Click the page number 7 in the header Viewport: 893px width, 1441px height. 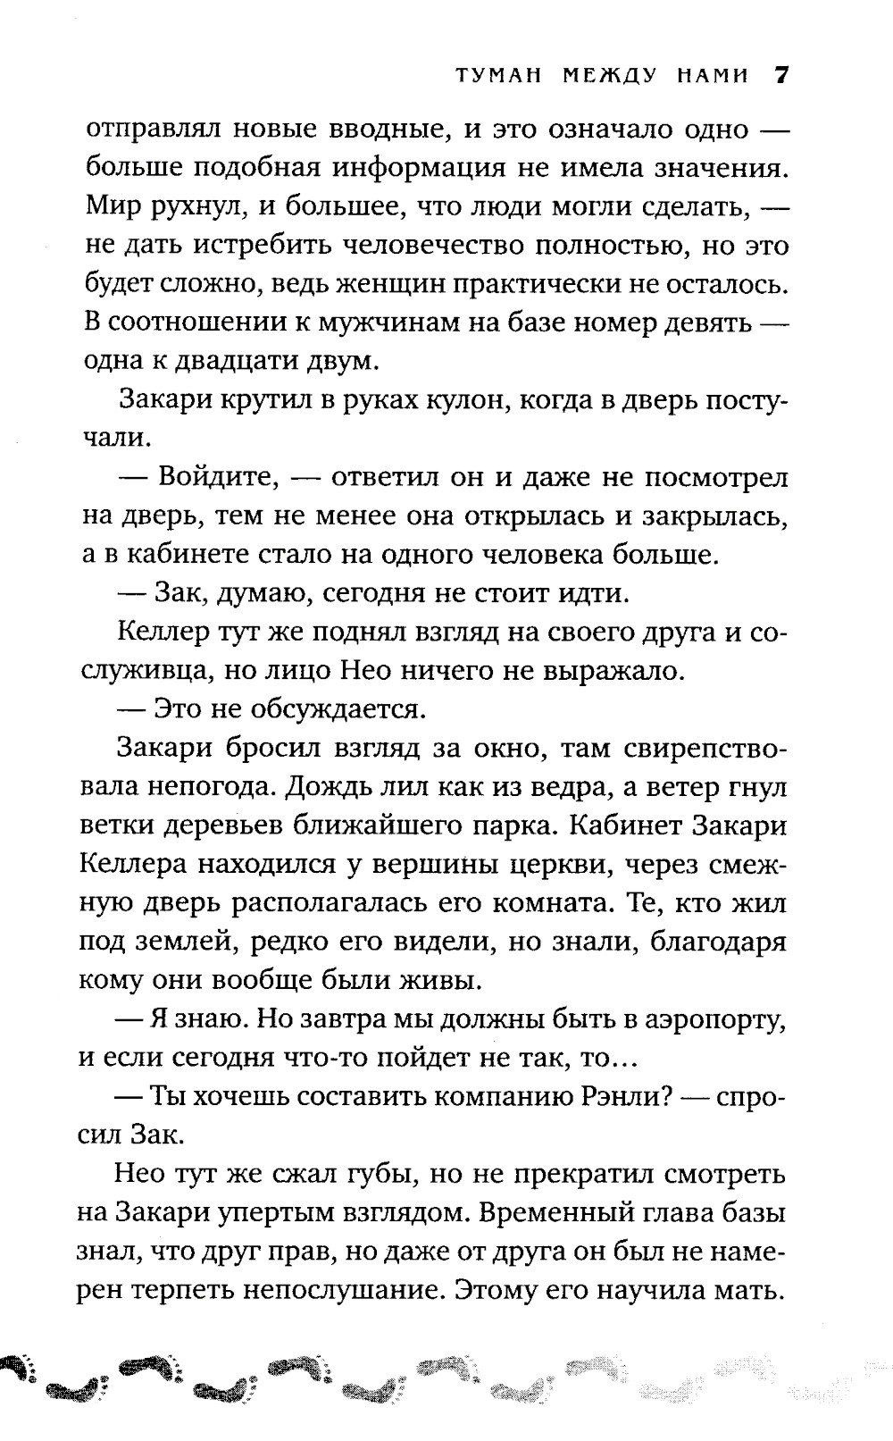point(780,75)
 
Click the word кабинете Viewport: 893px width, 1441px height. point(181,554)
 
